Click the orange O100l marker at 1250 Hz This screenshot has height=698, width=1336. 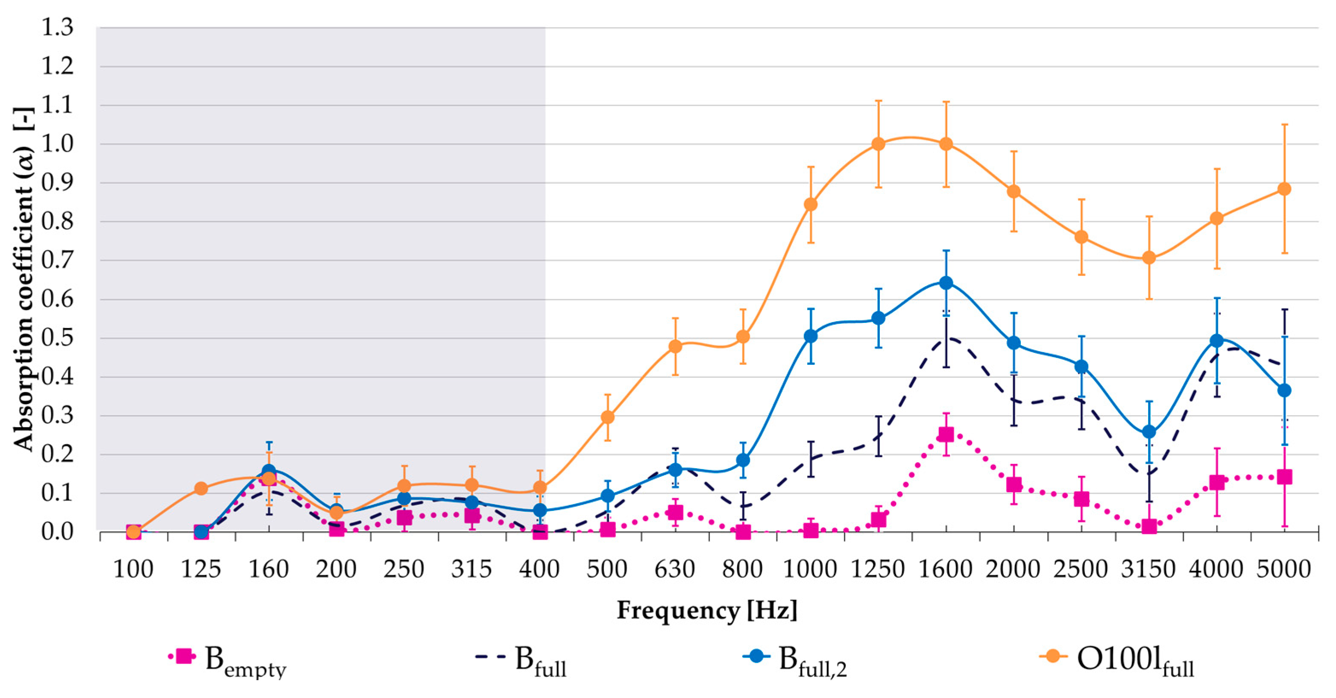tap(878, 144)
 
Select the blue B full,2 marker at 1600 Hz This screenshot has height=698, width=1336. tap(946, 283)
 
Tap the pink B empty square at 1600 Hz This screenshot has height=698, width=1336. tap(946, 434)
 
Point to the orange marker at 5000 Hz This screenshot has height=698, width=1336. tap(1284, 189)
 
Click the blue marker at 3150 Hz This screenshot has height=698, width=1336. tap(1149, 431)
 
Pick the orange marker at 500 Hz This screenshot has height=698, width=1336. tap(607, 417)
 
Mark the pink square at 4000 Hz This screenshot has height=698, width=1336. tap(1217, 482)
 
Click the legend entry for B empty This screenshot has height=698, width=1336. tap(228, 660)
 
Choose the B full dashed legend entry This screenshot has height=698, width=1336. tap(521, 660)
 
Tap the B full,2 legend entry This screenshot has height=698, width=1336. tap(796, 660)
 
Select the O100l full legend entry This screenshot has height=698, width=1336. tap(1118, 660)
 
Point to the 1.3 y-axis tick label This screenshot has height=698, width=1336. tap(57, 27)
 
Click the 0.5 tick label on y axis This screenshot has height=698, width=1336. tap(57, 338)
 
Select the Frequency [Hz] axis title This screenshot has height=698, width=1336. tap(707, 610)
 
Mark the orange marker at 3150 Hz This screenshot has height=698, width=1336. tap(1149, 258)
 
